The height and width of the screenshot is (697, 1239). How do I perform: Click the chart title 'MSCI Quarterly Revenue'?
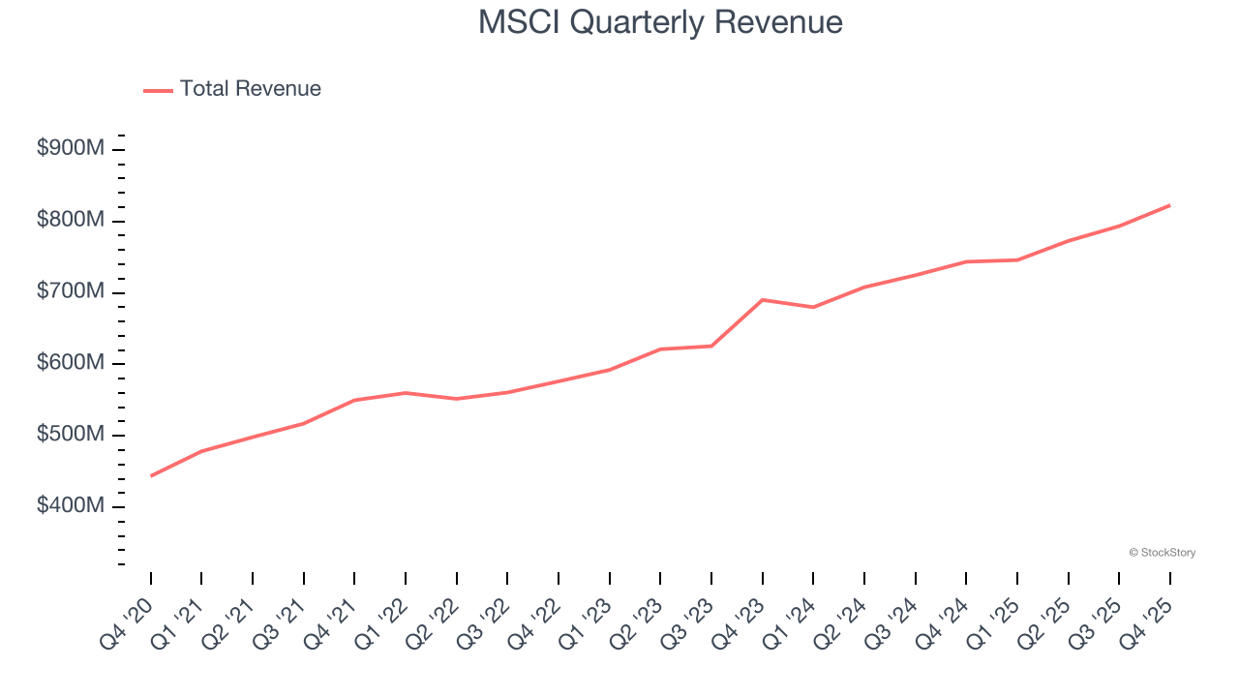660,22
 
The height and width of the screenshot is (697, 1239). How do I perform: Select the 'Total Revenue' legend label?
250,89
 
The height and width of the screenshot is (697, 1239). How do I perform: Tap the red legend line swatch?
158,90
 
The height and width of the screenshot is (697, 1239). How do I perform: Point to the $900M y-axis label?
71,149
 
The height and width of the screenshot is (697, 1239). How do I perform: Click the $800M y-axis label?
71,221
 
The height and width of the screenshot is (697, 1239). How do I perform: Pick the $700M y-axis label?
71,291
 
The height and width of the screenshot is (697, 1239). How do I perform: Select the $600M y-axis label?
71,363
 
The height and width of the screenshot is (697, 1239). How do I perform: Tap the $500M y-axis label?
71,435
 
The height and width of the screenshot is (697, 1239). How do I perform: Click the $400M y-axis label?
71,506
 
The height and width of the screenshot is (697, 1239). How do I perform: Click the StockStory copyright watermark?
1162,553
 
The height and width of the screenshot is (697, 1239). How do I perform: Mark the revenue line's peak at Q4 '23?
763,300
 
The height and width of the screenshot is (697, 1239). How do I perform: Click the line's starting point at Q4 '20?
151,475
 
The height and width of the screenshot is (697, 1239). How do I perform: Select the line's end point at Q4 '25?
1169,205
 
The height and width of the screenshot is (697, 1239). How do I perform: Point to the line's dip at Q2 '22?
457,399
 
